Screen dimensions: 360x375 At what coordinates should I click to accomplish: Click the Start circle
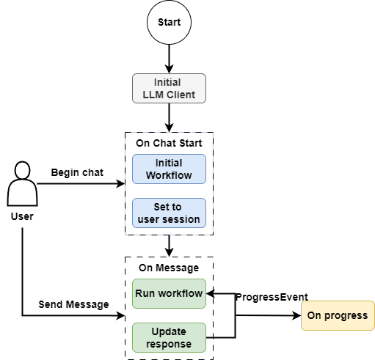[169, 23]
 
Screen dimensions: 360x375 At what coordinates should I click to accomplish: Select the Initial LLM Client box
[169, 88]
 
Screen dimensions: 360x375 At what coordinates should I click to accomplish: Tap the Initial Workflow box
[169, 169]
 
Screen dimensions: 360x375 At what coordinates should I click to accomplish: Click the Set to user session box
[169, 213]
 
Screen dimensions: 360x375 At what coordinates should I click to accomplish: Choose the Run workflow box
[169, 293]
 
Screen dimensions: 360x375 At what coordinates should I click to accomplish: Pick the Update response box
[169, 337]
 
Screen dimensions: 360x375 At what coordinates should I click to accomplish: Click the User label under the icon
[22, 217]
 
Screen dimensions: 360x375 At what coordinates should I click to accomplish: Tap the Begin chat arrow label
[77, 172]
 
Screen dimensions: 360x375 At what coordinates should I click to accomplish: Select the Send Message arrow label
[73, 304]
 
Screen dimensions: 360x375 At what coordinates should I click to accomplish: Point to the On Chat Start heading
[170, 142]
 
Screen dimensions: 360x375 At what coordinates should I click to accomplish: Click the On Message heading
[170, 268]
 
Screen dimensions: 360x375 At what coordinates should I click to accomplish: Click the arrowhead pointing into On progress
[296, 316]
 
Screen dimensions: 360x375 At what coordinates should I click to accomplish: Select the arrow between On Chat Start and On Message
[170, 246]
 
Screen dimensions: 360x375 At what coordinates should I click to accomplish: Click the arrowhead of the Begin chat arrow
[122, 183]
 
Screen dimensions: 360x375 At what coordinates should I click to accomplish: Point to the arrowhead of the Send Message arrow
[122, 316]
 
